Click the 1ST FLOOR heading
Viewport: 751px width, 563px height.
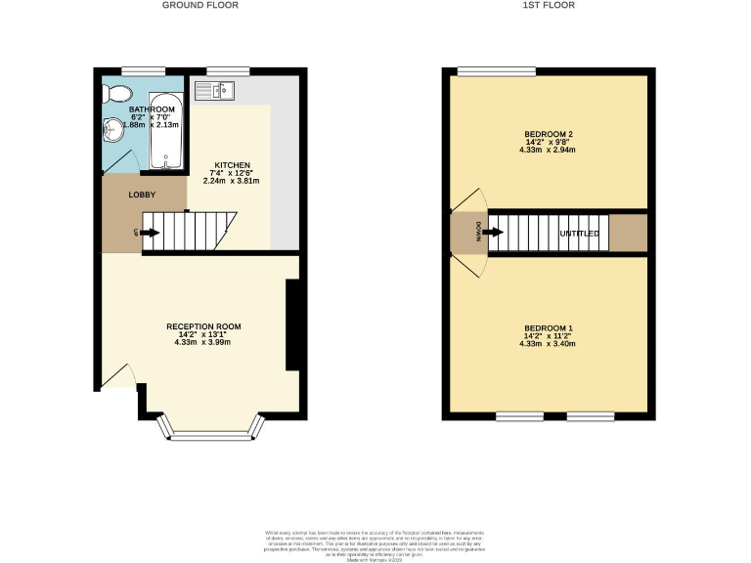coord(548,5)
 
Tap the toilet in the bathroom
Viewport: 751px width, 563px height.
coord(119,93)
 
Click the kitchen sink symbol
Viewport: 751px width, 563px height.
coord(212,91)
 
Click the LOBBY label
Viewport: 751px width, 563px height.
coord(143,195)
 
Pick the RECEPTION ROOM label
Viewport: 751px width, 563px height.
coord(203,326)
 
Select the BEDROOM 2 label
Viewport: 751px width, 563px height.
coord(549,134)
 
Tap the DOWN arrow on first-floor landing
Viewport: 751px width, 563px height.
coord(493,234)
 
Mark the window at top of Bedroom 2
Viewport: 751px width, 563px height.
coord(496,70)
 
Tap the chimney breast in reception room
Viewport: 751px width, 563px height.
coord(292,325)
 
